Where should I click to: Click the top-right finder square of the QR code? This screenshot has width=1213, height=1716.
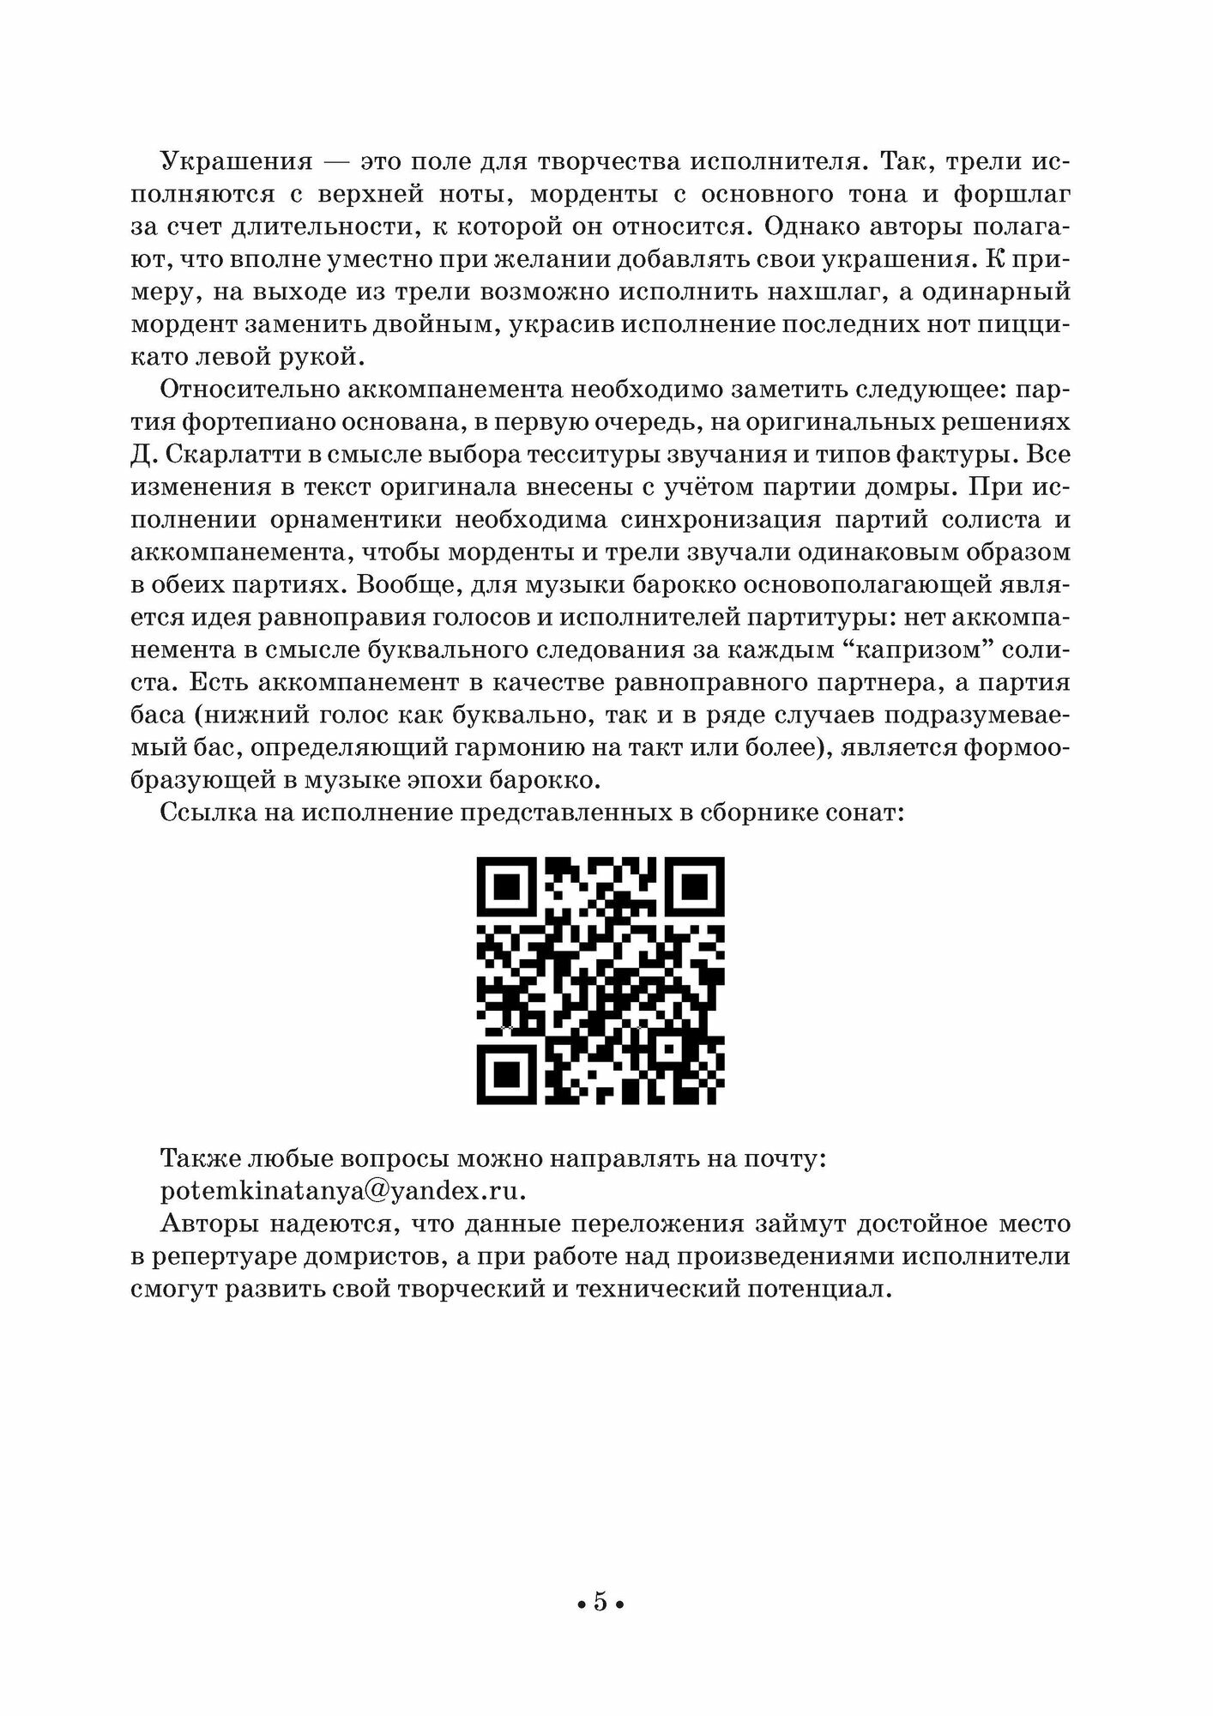pyautogui.click(x=696, y=887)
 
